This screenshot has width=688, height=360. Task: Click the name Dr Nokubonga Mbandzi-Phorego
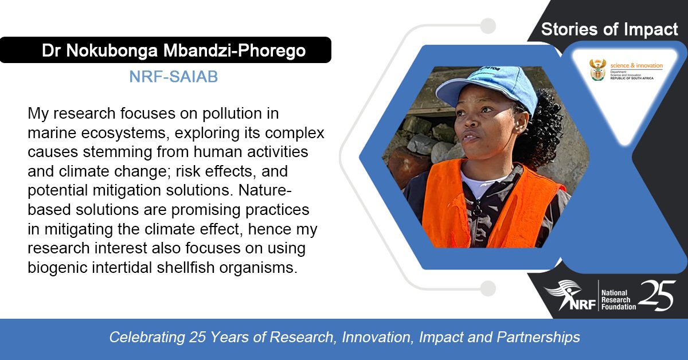click(174, 50)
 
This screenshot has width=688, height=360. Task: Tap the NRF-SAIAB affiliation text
click(174, 77)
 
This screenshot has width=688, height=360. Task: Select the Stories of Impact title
click(609, 30)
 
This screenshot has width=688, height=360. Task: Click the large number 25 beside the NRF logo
click(656, 296)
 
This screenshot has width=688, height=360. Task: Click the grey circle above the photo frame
click(488, 26)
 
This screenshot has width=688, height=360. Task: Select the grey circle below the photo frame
click(488, 288)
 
